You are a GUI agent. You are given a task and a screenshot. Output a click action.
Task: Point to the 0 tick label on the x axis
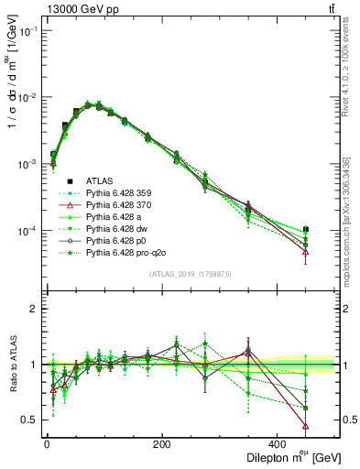tap(47, 445)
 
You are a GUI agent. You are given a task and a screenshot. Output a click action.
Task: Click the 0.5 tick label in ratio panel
tap(30, 420)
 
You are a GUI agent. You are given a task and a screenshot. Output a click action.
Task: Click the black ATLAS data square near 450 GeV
tap(331, 229)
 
